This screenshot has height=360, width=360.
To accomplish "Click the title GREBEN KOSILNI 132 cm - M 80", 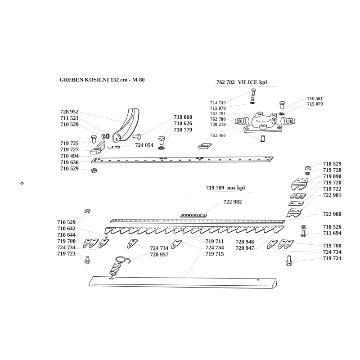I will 102,80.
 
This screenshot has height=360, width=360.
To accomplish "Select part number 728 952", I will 69,112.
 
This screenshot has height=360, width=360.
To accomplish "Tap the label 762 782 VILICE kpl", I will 242,83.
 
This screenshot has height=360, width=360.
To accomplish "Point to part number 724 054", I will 144,145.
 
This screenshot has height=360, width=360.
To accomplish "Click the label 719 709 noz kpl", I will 225,187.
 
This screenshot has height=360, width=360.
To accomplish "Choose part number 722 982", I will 233,202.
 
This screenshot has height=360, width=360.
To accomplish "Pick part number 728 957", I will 160,255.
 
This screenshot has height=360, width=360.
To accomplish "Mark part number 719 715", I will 215,254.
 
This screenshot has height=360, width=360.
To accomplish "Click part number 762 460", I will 218,135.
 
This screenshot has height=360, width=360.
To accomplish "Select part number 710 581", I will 315,98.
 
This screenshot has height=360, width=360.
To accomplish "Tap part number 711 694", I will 332,233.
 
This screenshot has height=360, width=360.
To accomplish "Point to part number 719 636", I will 69,162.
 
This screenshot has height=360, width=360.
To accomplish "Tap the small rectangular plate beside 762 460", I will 205,146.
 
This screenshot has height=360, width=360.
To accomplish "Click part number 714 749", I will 218,103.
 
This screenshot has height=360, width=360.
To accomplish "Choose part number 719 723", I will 67,254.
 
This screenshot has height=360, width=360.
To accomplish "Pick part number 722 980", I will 332,214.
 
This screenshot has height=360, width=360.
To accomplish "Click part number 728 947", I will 245,248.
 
